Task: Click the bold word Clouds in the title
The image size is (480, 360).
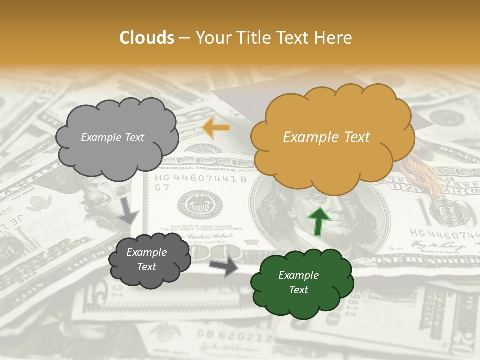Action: coord(147,38)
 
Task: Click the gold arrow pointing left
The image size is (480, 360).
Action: coord(216,128)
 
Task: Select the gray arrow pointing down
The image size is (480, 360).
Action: coord(129,210)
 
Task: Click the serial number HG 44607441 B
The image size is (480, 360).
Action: coord(201,179)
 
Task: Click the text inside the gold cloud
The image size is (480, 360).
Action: coord(326,137)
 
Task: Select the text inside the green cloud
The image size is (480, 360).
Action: coord(298,283)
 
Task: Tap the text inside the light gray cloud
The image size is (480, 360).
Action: coord(112,137)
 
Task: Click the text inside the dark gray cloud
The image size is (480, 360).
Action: coord(146,260)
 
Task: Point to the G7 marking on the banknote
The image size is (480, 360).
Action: coord(161,188)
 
